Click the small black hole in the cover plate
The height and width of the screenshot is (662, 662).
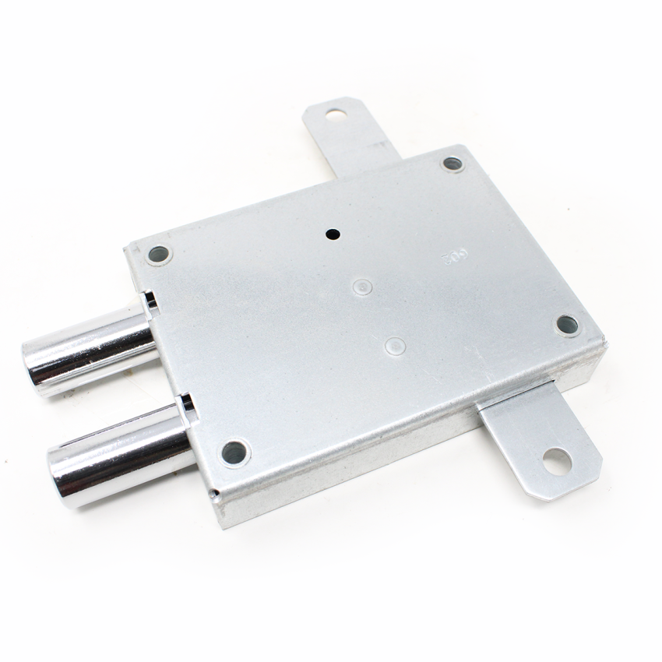click(333, 233)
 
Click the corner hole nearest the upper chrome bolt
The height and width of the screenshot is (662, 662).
click(158, 253)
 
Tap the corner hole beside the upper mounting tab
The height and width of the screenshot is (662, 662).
click(452, 164)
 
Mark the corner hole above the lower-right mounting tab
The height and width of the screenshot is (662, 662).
click(567, 325)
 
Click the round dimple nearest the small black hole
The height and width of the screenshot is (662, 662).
click(362, 287)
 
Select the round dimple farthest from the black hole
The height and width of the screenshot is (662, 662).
click(395, 345)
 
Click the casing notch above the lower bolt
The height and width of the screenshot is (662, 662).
click(187, 403)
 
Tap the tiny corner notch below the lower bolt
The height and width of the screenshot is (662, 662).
click(213, 493)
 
